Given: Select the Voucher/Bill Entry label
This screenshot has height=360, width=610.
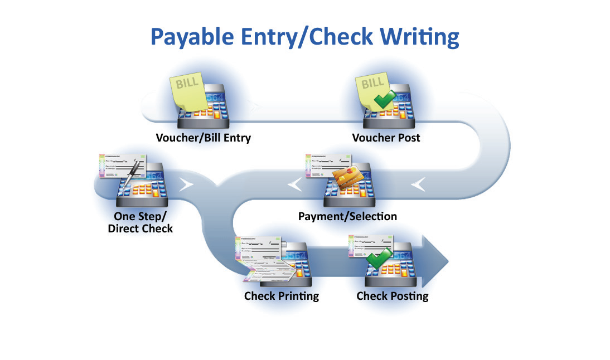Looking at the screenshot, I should tap(203, 138).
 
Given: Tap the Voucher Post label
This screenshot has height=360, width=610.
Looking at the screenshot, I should tap(386, 138).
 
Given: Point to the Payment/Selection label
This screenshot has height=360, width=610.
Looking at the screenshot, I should tap(347, 216).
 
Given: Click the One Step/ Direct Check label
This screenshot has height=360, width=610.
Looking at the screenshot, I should tap(143, 222).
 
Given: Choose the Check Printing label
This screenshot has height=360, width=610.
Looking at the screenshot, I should tap(281, 296).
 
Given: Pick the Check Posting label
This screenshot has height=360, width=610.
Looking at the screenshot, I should tap(393, 296).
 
